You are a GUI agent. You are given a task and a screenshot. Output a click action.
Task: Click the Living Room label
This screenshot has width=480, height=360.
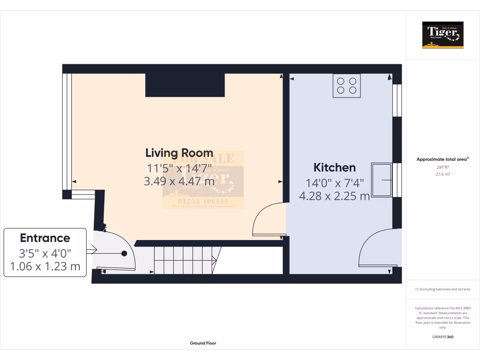click(179, 153)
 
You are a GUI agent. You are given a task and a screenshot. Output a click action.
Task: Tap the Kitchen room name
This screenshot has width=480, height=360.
click(334, 167)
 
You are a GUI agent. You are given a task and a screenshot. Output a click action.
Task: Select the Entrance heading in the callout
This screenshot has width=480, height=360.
click(45, 238)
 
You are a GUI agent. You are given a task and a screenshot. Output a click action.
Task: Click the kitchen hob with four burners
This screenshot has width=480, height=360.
click(346, 85)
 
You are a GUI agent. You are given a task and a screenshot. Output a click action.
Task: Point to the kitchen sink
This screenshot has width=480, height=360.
click(382, 180)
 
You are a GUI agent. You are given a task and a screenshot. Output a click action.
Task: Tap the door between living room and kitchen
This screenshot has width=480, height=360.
click(268, 219)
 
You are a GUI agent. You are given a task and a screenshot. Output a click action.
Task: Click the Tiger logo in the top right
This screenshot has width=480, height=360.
click(442, 35)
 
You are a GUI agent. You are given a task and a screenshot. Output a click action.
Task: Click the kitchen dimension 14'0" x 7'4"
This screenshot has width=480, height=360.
click(334, 183)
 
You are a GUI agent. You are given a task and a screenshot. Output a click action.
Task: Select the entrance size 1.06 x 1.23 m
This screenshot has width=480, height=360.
click(45, 267)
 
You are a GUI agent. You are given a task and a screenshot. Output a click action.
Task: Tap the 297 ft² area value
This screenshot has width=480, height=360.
click(442, 167)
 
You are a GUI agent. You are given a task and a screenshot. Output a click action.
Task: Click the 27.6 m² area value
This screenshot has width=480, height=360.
click(442, 174)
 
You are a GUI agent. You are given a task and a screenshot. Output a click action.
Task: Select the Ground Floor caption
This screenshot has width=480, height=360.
click(203, 343)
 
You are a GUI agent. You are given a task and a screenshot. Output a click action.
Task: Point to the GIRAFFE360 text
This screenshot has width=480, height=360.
click(442, 337)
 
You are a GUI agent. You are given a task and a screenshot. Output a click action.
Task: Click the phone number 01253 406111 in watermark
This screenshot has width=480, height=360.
click(202, 202)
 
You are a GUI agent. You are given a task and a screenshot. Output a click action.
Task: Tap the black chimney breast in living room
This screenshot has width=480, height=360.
click(185, 85)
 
